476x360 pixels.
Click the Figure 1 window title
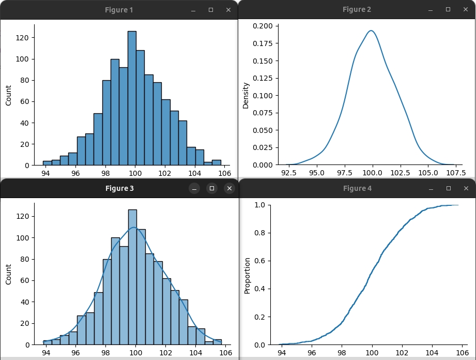pos(119,10)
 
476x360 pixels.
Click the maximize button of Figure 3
pos(212,188)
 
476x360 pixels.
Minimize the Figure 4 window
pos(431,188)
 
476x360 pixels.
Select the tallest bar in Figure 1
pos(132,98)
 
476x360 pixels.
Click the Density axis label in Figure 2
pos(246,95)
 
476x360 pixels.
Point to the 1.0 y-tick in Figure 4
pos(260,205)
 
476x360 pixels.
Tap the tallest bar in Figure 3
pos(132,277)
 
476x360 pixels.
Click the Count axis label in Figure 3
pos(8,275)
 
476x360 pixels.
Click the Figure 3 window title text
pos(119,188)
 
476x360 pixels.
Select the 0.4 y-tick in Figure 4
pos(260,289)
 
